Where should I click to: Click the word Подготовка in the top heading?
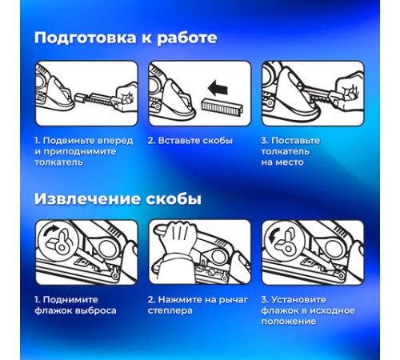coord(86,38)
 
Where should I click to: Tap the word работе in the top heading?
coord(187,38)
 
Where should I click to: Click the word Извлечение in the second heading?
coord(86,199)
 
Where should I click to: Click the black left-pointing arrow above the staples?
coord(218,89)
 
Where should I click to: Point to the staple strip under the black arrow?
coord(222,106)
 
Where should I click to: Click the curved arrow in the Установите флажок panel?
coord(274,236)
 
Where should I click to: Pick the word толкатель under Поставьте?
coord(285,151)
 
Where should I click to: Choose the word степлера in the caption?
coord(170,310)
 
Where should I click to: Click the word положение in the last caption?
coord(289,322)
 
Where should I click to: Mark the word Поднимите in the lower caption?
coord(70,300)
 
